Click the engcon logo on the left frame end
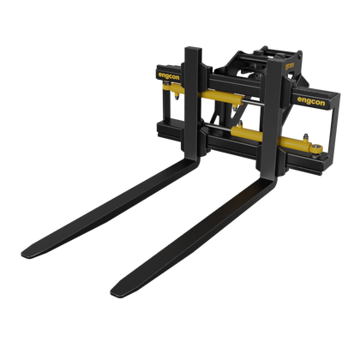(x=169, y=76)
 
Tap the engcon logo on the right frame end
(x=311, y=101)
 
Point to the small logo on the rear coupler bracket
(x=290, y=66)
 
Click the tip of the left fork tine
(x=23, y=255)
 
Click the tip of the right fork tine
(x=112, y=292)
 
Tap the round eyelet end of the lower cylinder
(x=317, y=149)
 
